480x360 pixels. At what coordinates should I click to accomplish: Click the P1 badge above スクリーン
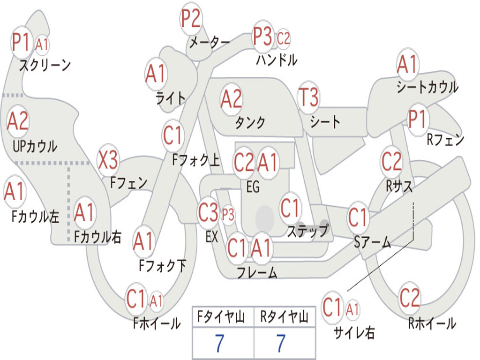point(21,43)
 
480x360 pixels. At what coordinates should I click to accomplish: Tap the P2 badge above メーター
point(191,19)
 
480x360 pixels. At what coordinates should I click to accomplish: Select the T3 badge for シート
point(308,98)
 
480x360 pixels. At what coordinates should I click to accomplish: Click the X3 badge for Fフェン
point(108,161)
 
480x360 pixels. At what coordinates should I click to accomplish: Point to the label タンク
point(250,123)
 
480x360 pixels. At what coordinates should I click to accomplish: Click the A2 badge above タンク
point(232,99)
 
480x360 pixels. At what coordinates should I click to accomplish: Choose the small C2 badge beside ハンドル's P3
point(284,38)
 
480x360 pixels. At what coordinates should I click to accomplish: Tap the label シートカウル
point(427,88)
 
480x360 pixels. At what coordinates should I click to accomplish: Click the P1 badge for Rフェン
point(417,120)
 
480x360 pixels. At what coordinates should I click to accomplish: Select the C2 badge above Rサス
point(392,162)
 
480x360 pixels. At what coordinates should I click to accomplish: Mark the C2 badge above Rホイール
point(410,297)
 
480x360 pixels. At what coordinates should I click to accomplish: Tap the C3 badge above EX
point(209,213)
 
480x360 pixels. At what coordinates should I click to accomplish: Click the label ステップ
point(307,231)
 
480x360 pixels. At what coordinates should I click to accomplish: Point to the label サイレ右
point(354,333)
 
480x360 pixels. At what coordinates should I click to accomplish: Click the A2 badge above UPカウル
point(18,121)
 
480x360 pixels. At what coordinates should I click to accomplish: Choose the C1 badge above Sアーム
point(359,217)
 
